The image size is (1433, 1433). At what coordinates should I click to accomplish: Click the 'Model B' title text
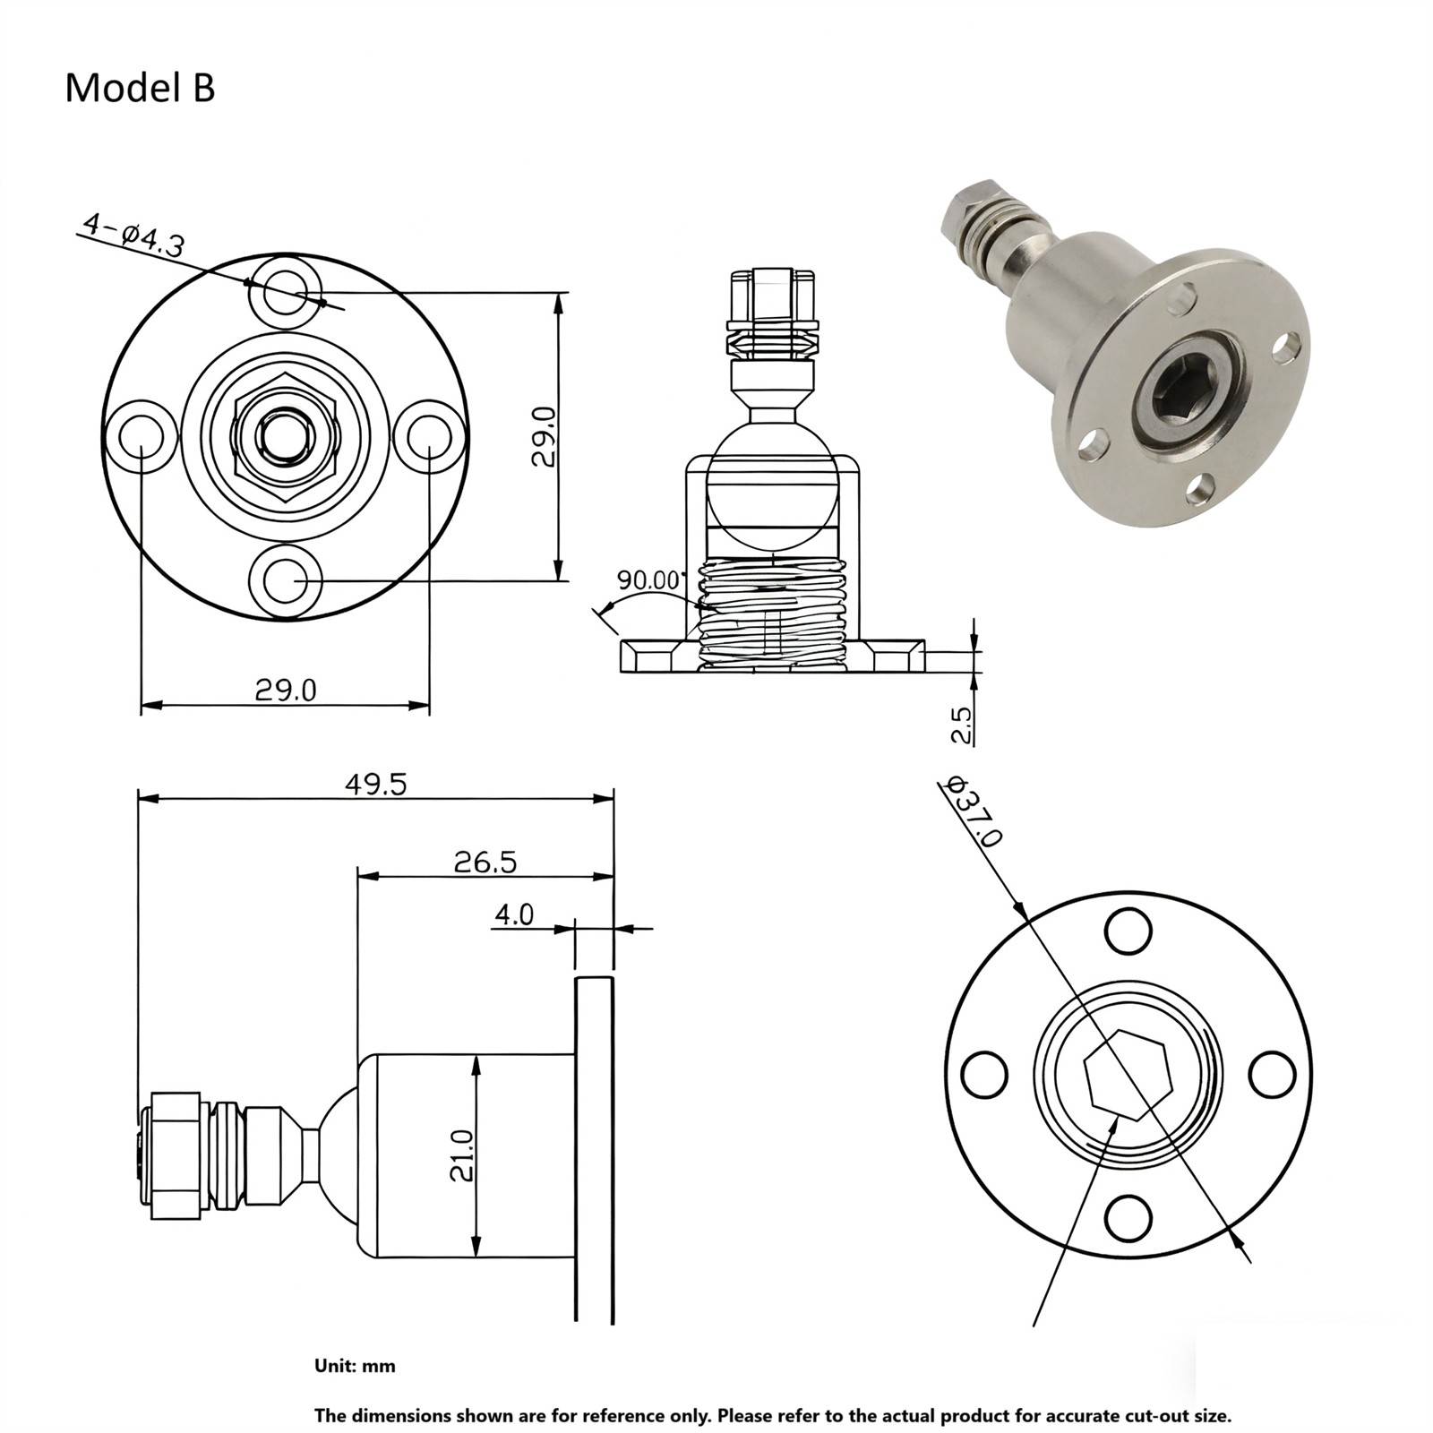[x=140, y=89]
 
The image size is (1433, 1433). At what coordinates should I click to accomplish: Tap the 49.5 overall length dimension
[x=376, y=784]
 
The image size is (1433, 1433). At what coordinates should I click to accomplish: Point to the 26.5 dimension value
[x=485, y=862]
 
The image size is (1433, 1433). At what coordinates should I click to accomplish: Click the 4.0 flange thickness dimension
[x=514, y=914]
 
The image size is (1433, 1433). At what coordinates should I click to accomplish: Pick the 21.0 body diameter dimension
[x=461, y=1155]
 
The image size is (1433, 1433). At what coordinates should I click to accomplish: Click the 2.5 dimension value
[x=961, y=725]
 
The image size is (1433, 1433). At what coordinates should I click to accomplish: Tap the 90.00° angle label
[x=648, y=579]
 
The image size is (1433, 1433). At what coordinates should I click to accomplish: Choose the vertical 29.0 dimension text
[x=544, y=436]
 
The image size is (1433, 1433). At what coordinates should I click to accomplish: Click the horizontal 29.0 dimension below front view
[x=286, y=690]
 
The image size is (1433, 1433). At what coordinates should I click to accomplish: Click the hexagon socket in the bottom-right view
[x=1128, y=1075]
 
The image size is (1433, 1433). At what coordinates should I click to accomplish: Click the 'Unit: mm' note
[x=355, y=1366]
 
